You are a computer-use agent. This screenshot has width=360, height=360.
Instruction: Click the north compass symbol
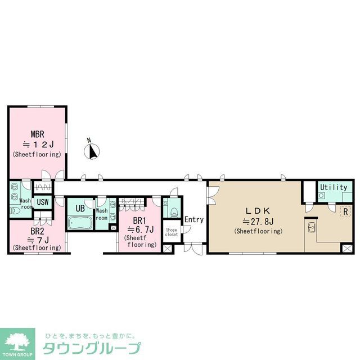pyautogui.click(x=93, y=151)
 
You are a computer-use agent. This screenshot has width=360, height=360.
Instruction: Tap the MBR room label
pyautogui.click(x=37, y=134)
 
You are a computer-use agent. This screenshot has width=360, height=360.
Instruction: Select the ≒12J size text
pyautogui.click(x=37, y=144)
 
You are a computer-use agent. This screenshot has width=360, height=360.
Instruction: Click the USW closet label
pyautogui.click(x=42, y=202)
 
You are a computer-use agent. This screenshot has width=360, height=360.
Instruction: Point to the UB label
pyautogui.click(x=80, y=208)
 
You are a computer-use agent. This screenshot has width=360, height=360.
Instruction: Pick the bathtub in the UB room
pyautogui.click(x=80, y=223)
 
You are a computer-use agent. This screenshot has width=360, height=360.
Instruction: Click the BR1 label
pyautogui.click(x=140, y=220)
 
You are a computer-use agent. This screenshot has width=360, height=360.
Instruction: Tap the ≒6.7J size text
pyautogui.click(x=140, y=229)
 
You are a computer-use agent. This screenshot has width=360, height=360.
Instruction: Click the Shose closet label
pyautogui.click(x=172, y=231)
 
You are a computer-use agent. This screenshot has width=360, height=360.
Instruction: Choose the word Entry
pyautogui.click(x=193, y=219)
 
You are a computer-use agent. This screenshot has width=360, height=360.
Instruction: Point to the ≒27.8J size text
pyautogui.click(x=258, y=221)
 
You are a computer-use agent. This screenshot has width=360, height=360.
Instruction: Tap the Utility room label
pyautogui.click(x=333, y=187)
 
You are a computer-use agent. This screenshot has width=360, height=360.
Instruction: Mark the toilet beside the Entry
pyautogui.click(x=173, y=211)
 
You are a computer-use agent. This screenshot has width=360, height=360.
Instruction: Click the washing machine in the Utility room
pyautogui.click(x=322, y=195)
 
